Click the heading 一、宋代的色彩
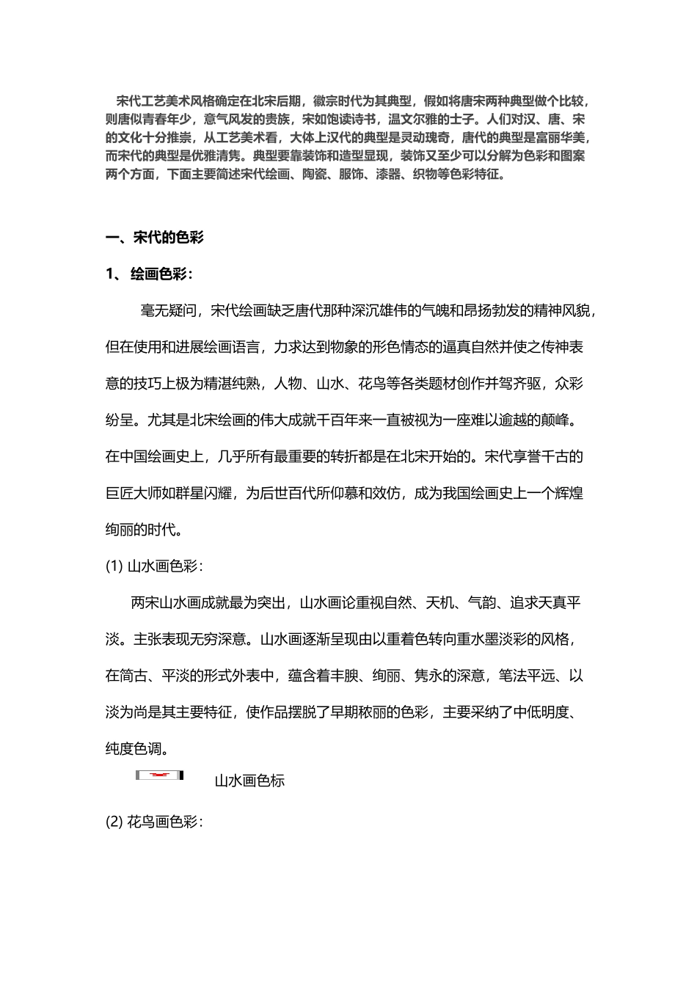(x=155, y=238)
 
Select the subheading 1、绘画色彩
(x=150, y=274)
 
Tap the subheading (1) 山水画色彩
(x=153, y=566)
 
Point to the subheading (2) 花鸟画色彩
(x=153, y=822)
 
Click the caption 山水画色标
(x=249, y=781)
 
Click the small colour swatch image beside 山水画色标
(x=159, y=775)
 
